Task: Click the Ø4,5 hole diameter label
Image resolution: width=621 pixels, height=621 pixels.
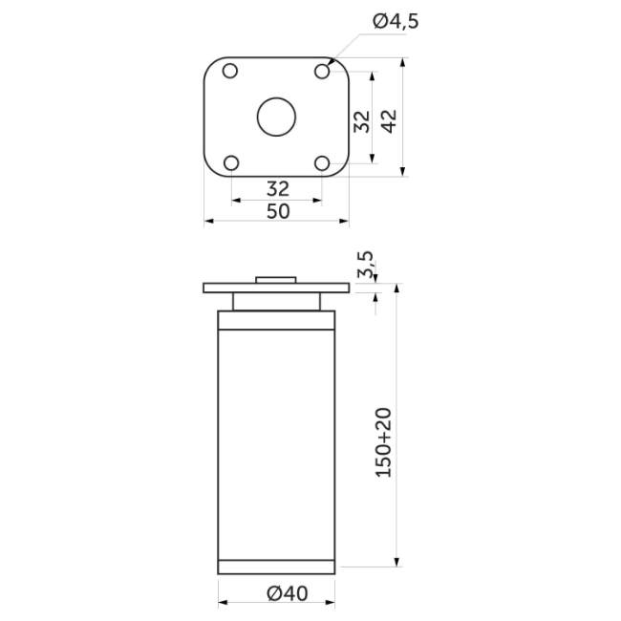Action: [x=396, y=21]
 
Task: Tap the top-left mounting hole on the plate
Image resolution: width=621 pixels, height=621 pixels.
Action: [x=230, y=72]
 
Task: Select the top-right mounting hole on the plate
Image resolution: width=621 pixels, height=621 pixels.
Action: [x=322, y=72]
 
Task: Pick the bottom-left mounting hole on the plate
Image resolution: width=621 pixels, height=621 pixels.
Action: [x=231, y=163]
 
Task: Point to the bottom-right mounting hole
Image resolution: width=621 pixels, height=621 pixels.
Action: [x=322, y=163]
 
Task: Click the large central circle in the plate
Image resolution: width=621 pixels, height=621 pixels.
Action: [x=276, y=117]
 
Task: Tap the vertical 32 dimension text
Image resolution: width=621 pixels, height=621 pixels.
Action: [x=362, y=121]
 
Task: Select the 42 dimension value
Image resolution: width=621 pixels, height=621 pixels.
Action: [x=389, y=121]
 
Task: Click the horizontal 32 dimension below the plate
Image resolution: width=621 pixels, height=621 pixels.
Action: [x=278, y=189]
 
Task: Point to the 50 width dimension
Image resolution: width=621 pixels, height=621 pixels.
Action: [x=278, y=211]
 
